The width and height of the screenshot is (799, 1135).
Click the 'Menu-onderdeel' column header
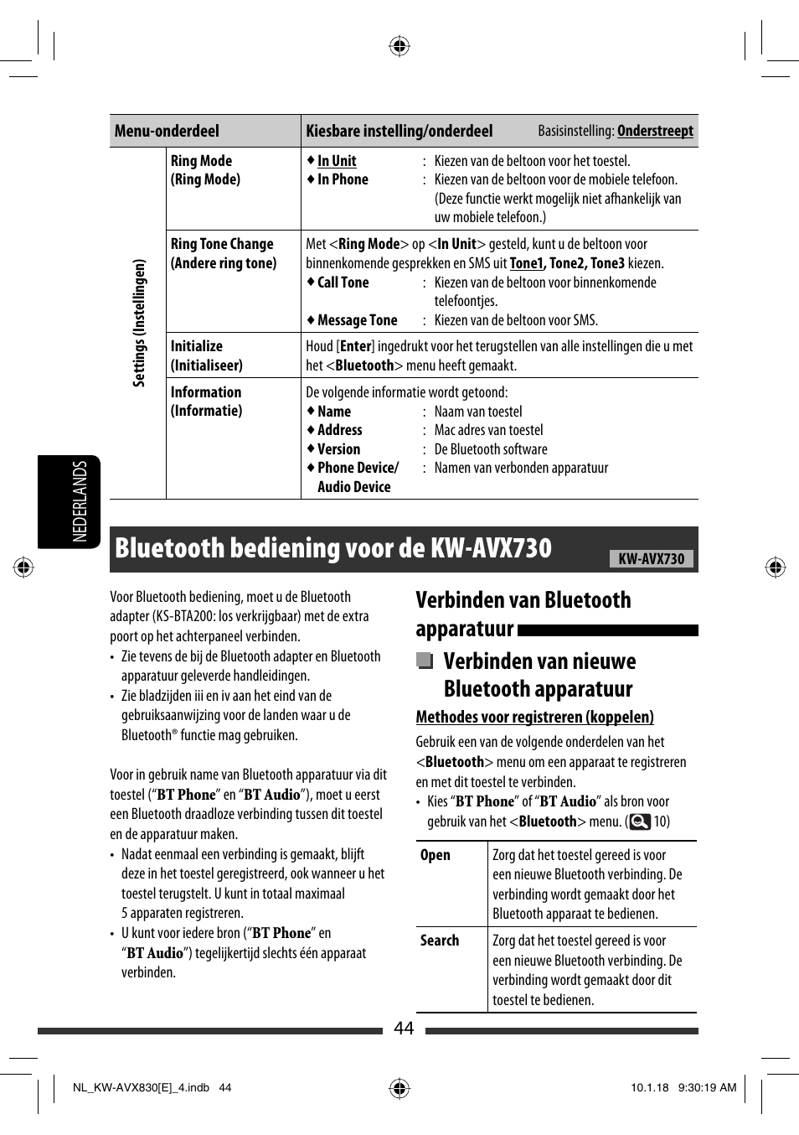[167, 131]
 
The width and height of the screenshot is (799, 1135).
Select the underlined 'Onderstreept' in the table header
[655, 131]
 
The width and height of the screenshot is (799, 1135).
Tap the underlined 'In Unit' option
[337, 161]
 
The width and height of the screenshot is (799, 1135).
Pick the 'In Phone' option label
[343, 179]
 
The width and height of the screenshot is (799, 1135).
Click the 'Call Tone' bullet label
[343, 282]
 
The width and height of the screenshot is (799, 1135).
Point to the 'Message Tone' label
[357, 320]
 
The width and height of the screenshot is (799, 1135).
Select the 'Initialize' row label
[197, 346]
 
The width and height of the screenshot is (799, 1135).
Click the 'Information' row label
[206, 392]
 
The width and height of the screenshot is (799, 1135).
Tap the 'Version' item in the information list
[338, 449]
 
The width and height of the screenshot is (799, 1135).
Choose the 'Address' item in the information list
[339, 430]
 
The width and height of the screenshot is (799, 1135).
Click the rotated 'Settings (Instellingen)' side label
[139, 323]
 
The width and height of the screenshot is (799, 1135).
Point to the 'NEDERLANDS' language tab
[80, 501]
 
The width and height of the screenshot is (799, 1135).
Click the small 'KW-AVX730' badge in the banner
[651, 559]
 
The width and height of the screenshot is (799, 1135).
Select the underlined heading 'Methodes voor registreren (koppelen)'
[534, 717]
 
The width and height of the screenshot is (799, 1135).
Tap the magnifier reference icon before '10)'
[640, 821]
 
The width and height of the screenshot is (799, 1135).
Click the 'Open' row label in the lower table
[435, 855]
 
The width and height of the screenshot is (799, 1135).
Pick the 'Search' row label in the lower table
[439, 941]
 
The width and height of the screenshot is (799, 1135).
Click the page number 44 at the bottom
[404, 1029]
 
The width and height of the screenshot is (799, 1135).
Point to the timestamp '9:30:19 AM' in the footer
[707, 1088]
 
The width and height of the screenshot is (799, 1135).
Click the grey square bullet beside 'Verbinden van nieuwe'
[425, 661]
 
